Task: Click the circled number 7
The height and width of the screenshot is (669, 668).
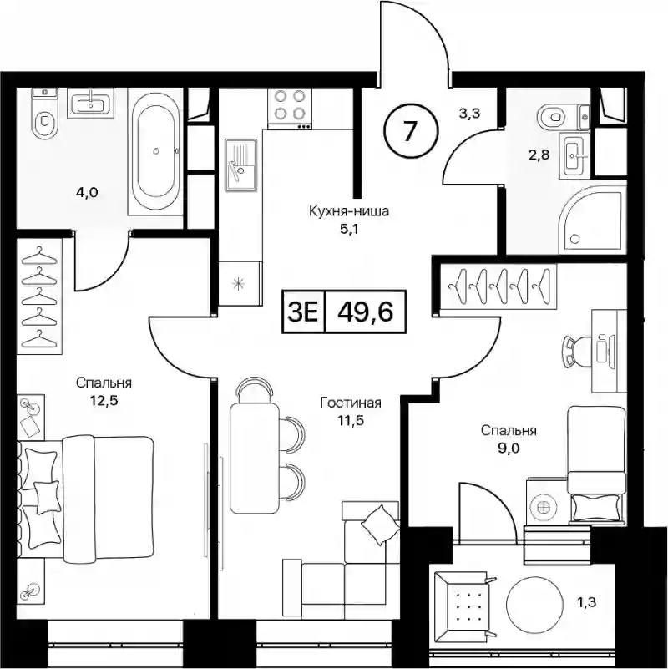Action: (x=411, y=131)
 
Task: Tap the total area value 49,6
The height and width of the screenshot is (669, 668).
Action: (x=365, y=312)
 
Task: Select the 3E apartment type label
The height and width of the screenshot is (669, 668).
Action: (x=303, y=312)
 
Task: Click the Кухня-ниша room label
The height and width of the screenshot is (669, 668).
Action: (x=349, y=211)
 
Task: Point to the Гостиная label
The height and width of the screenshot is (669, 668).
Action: (x=351, y=403)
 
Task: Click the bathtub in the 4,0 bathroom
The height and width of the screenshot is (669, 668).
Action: (x=155, y=151)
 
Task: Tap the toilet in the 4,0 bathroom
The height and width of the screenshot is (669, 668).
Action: (x=44, y=114)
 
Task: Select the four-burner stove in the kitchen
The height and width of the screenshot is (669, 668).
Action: (x=290, y=109)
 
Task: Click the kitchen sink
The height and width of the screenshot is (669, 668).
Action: (x=241, y=165)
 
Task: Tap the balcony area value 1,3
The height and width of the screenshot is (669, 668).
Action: (x=588, y=602)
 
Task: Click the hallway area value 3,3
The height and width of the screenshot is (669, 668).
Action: (x=470, y=113)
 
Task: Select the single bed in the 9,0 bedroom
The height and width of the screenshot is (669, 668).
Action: (x=597, y=464)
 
